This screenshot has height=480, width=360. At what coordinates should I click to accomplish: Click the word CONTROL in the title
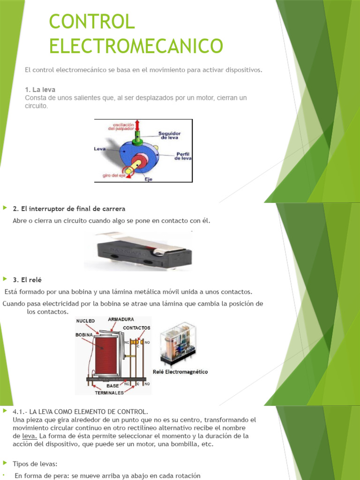pyautogui.click(x=92, y=22)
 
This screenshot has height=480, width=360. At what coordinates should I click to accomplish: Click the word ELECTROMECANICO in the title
pyautogui.click(x=136, y=46)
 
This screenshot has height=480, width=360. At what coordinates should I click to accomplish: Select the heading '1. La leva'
pyautogui.click(x=43, y=90)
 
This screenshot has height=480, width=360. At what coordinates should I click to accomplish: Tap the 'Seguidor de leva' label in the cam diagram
pyautogui.click(x=169, y=135)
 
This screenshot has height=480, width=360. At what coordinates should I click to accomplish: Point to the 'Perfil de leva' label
pyautogui.click(x=181, y=156)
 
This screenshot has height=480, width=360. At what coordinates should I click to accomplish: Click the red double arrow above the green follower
pyautogui.click(x=137, y=125)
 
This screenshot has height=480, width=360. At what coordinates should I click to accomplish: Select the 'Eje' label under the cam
pyautogui.click(x=148, y=179)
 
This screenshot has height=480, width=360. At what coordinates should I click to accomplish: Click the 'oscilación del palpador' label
pyautogui.click(x=117, y=126)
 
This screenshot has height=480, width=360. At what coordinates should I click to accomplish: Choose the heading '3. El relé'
pyautogui.click(x=28, y=280)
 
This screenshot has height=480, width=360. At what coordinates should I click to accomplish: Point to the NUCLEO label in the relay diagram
pyautogui.click(x=85, y=321)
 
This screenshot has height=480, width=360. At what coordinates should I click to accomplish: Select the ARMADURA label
pyautogui.click(x=121, y=319)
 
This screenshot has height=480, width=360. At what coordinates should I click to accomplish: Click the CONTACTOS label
pyautogui.click(x=136, y=328)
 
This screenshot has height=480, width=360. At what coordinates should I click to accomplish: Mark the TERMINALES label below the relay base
pyautogui.click(x=109, y=392)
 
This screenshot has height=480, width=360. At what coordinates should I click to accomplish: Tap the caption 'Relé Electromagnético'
pyautogui.click(x=180, y=372)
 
